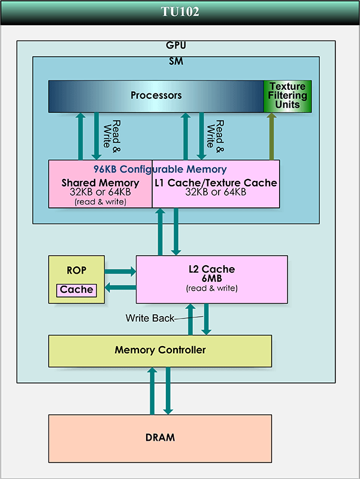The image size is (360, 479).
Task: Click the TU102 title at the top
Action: pos(180,11)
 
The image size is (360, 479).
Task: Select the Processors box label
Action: pos(156,96)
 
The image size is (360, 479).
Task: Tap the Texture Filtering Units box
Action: pos(288,96)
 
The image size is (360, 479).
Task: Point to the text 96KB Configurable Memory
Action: pos(160,169)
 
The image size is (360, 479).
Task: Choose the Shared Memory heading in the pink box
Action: pos(100,183)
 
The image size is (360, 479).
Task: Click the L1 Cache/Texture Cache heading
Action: pos(215,183)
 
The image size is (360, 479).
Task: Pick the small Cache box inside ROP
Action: pos(77,290)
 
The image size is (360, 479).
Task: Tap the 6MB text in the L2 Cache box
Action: pos(211,279)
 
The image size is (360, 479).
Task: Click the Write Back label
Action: pos(149,318)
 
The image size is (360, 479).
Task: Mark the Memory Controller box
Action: pos(160,350)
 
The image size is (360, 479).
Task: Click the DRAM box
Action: pos(160,438)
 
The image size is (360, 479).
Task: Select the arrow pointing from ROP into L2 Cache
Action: pos(120,271)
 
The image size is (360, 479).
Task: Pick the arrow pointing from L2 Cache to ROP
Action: pos(120,288)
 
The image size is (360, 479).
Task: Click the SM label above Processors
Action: pos(176,61)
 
